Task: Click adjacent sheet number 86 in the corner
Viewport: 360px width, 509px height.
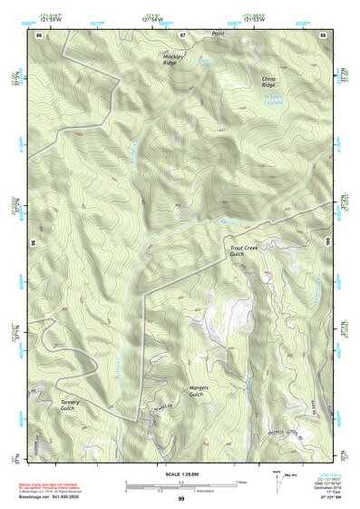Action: click(39, 34)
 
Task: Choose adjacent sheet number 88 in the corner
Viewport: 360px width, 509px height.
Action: click(323, 34)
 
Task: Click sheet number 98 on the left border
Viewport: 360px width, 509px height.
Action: click(34, 244)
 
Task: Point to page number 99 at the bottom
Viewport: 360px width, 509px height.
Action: click(181, 499)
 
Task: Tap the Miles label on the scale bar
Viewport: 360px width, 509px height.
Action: click(240, 481)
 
